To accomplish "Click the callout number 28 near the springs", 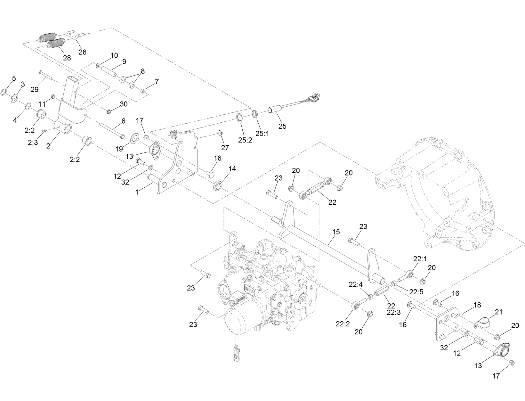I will click(67, 58).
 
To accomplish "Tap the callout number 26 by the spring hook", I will click(82, 52).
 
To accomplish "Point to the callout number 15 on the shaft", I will click(336, 232).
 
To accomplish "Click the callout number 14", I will click(232, 169).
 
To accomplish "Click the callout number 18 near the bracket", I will click(477, 305).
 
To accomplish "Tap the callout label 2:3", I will click(33, 142).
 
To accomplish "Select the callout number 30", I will click(124, 104).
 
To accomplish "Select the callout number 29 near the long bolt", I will click(35, 89).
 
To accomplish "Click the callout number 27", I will click(225, 147).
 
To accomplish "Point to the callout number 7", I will click(157, 82).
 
